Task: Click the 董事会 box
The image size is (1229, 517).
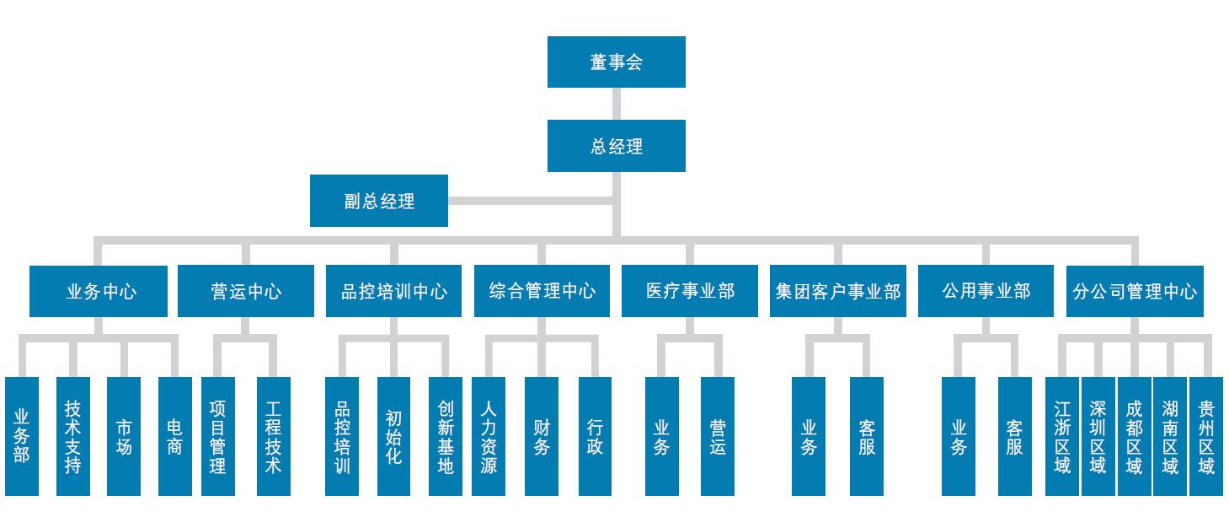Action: tap(616, 62)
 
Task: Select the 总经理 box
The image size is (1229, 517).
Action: tap(616, 146)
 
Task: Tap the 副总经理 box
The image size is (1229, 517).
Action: tap(378, 201)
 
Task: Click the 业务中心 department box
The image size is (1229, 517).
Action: tap(99, 292)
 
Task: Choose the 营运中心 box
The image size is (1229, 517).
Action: tap(245, 292)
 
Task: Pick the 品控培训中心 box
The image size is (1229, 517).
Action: tap(393, 292)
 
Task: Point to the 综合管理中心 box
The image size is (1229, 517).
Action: tap(542, 292)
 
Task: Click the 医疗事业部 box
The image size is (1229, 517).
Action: tap(690, 292)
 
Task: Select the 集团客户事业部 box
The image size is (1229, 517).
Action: tap(837, 292)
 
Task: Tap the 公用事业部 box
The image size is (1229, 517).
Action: tap(986, 292)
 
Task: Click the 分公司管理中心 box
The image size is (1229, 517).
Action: tap(1134, 292)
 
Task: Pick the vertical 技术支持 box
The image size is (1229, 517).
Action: tap(72, 436)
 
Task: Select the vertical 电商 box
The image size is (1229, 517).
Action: tap(174, 436)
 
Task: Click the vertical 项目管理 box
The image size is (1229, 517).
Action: tap(218, 436)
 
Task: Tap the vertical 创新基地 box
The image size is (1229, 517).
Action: tap(446, 436)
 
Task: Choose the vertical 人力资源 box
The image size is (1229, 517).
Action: tap(489, 436)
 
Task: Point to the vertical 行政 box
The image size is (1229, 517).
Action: tap(595, 436)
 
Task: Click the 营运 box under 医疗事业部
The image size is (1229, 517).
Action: tap(717, 436)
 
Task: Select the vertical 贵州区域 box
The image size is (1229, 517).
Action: tap(1205, 436)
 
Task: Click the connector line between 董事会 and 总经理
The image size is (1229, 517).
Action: tap(616, 104)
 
